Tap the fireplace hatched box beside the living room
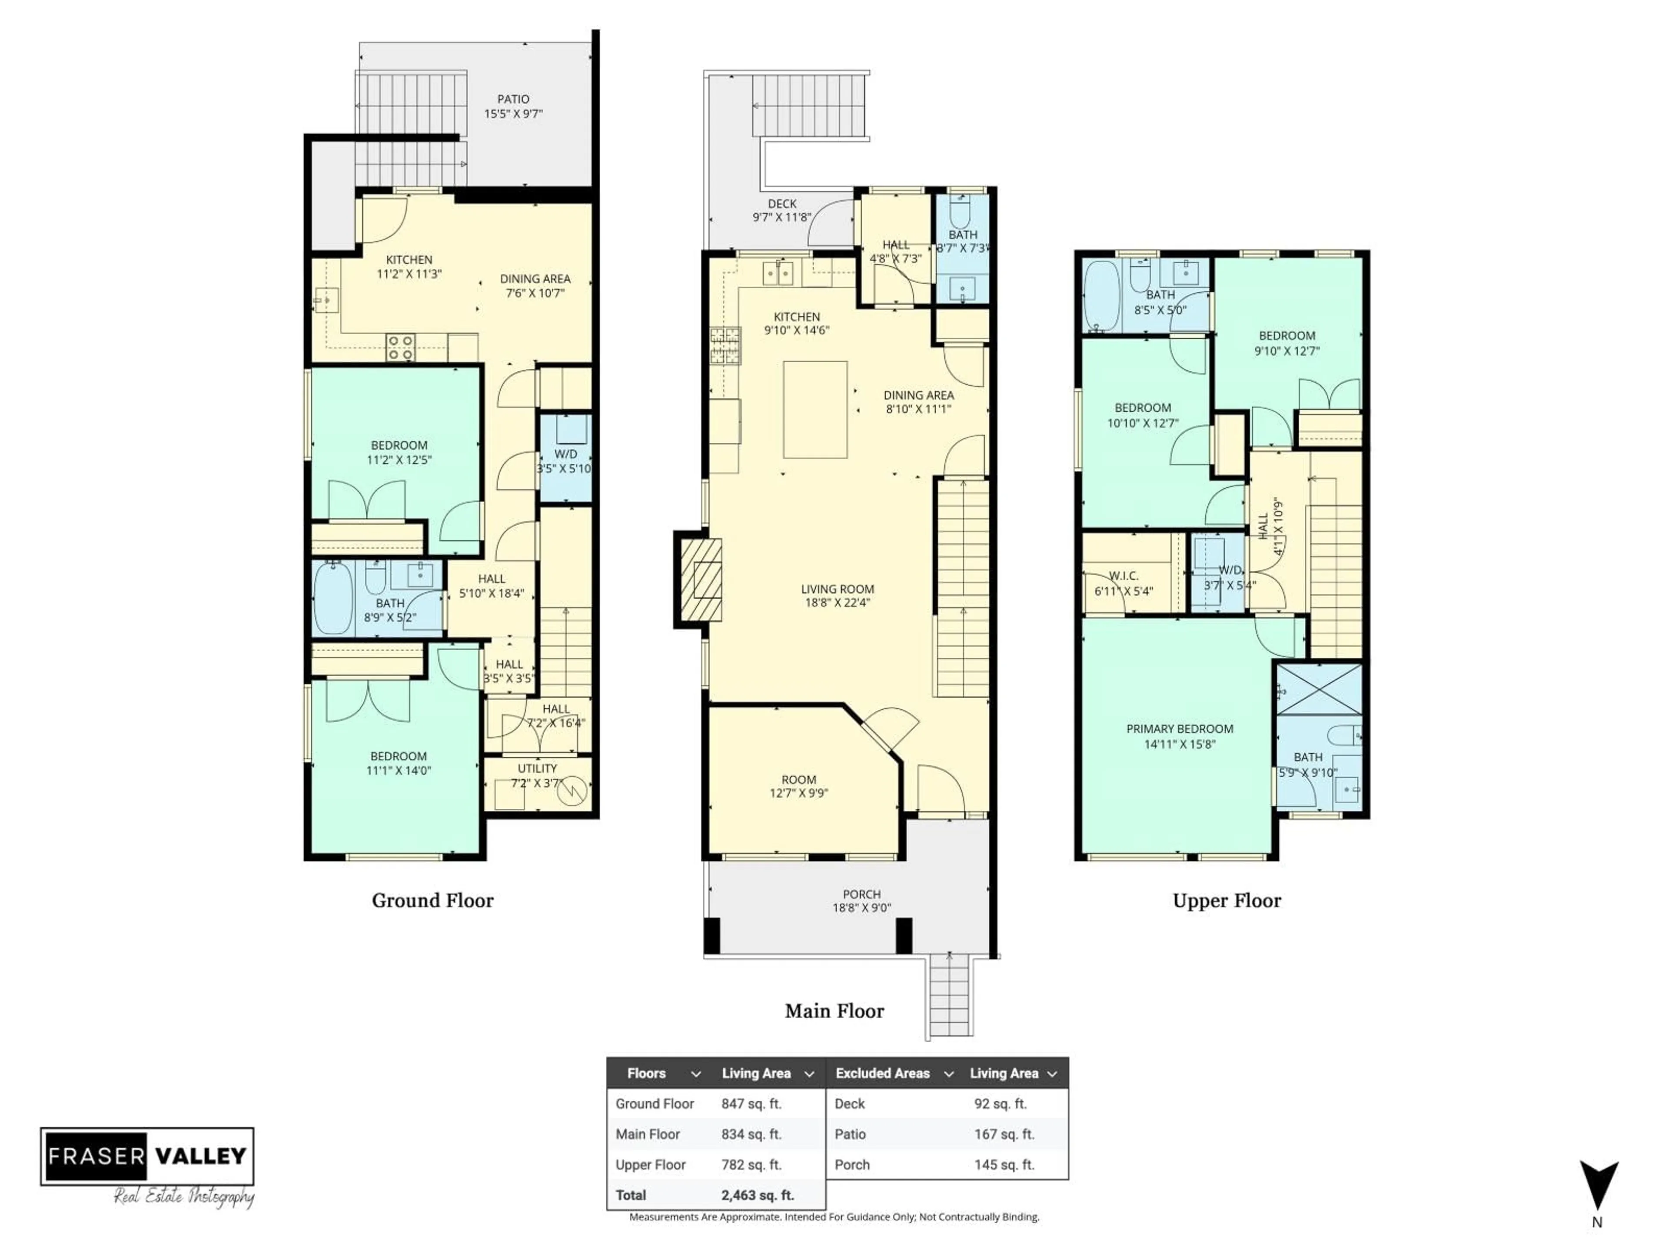702,579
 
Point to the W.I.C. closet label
1124,576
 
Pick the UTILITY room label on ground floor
537,768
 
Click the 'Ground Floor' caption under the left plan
432,900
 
